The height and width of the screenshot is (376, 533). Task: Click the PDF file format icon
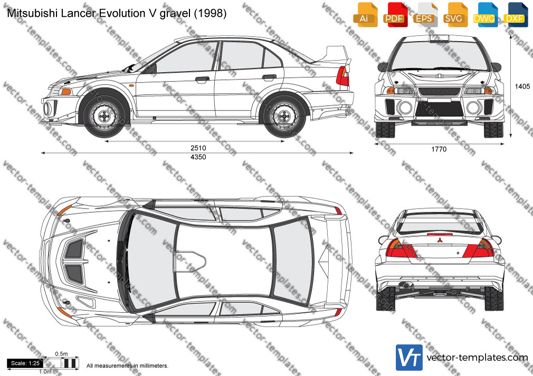pos(394,15)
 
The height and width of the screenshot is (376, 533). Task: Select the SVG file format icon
pos(454,15)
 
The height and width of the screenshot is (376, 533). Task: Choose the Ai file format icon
pos(365,15)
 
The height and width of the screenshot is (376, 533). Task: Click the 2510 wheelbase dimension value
pos(198,148)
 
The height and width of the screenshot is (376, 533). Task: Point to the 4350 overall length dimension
pos(198,157)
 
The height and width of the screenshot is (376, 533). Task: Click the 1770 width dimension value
pos(439,150)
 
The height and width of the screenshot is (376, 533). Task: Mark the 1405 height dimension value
pos(522,86)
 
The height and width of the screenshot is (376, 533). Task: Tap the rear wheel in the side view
pos(284,116)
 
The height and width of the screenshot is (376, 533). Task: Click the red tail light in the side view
pos(342,76)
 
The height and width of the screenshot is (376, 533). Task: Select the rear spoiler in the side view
pos(335,55)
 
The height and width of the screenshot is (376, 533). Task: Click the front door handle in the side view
pos(202,80)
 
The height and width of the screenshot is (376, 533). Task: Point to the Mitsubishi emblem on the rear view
pos(440,241)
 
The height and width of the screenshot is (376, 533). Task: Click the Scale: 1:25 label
pos(25,363)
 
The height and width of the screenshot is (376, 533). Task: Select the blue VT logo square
pos(410,358)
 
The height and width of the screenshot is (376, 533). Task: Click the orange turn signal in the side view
pos(66,92)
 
